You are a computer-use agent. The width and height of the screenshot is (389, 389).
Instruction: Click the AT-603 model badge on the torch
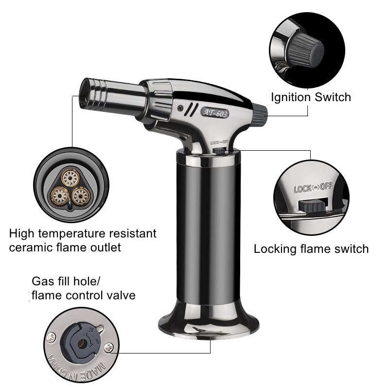pos(215,113)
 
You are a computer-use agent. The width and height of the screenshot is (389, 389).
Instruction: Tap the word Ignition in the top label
pos(291,97)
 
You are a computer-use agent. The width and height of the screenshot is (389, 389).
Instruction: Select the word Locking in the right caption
pos(275,249)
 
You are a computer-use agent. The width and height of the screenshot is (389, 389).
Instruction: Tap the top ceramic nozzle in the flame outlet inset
pos(71,177)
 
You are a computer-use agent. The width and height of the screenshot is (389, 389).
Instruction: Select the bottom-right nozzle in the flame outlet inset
pos(81,196)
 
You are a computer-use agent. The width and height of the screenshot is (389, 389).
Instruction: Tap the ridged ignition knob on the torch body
pos(261,114)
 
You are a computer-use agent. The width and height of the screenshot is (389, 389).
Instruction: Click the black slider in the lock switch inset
pos(312,205)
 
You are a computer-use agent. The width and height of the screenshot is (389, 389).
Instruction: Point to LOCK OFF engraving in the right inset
pos(313,188)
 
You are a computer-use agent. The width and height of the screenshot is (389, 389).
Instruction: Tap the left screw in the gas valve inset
pos(51,337)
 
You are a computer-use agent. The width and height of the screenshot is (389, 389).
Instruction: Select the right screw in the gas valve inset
pos(108,348)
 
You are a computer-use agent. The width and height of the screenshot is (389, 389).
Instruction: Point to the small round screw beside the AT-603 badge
pos(180,108)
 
